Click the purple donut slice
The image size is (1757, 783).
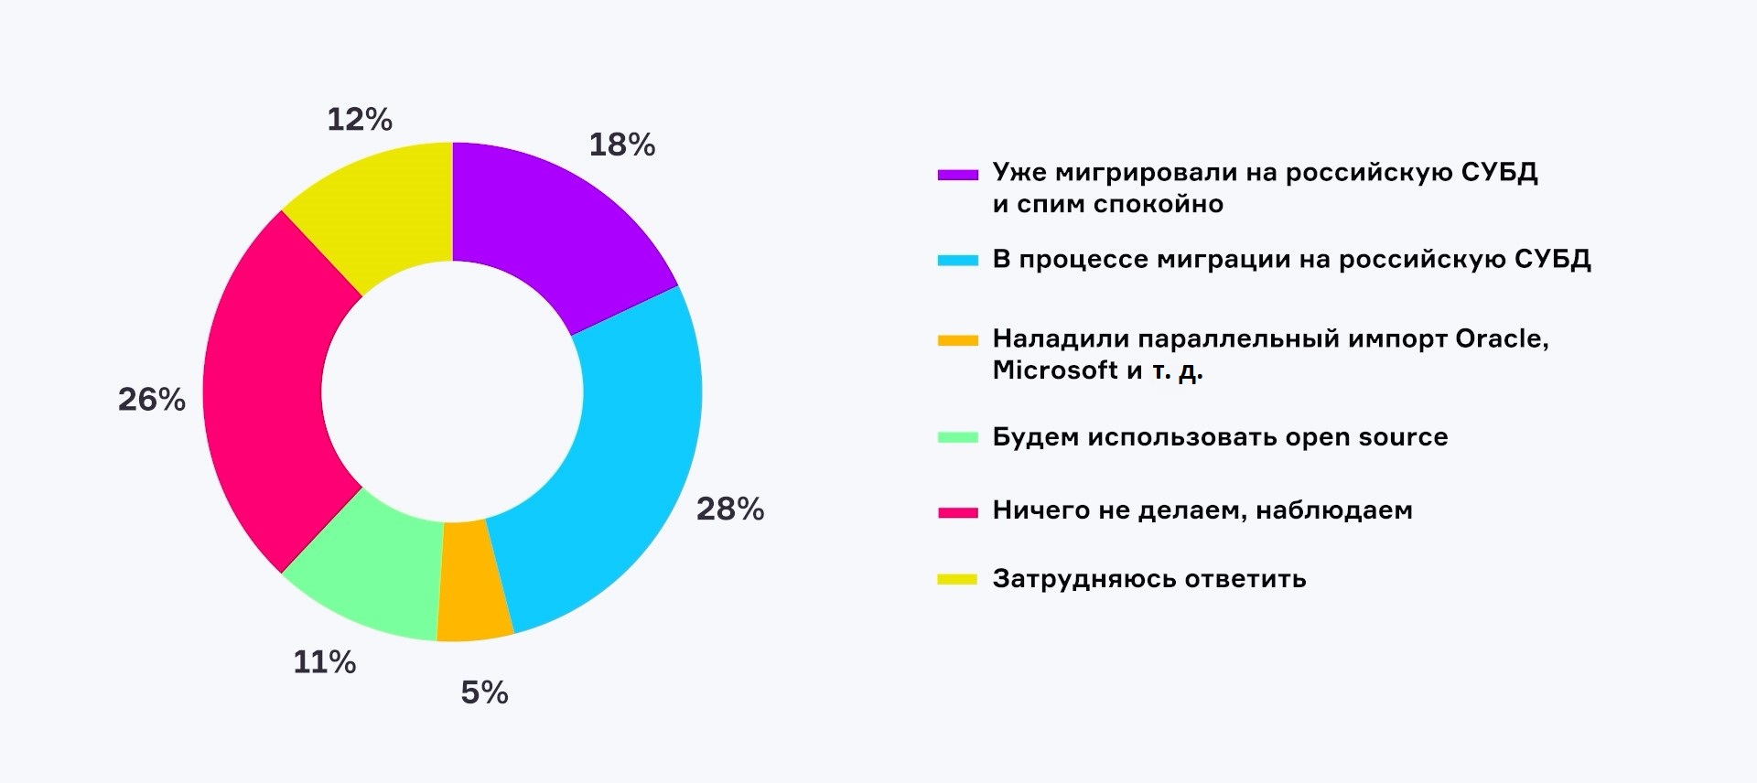549,229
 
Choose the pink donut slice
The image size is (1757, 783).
265,393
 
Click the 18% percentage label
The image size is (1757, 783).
622,145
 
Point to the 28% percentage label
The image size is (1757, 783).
730,509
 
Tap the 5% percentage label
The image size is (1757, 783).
484,692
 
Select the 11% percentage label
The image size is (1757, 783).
325,661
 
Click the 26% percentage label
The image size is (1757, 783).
152,399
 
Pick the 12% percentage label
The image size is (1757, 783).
360,119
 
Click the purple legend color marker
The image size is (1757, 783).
958,175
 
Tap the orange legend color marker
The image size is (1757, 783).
958,341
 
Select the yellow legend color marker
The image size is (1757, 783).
958,580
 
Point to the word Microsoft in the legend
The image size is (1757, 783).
1055,370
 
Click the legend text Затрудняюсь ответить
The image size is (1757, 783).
1149,579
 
